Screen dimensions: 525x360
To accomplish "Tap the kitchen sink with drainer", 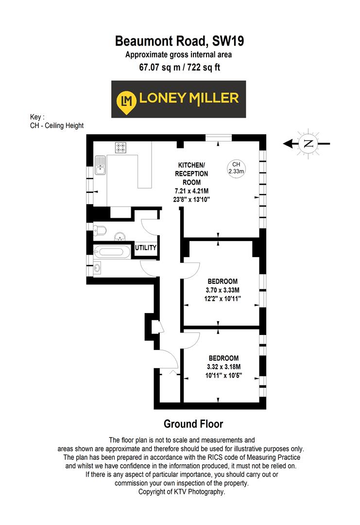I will click(x=101, y=165).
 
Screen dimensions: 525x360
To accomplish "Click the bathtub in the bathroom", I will click(x=112, y=252).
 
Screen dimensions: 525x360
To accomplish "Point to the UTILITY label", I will click(x=146, y=248).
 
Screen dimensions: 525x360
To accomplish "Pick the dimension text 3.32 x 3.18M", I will click(x=223, y=367).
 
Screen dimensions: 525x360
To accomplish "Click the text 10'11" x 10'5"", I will click(x=223, y=375).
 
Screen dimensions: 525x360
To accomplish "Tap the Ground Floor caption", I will click(x=193, y=424).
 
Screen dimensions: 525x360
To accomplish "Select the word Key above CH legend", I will click(x=35, y=117).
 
